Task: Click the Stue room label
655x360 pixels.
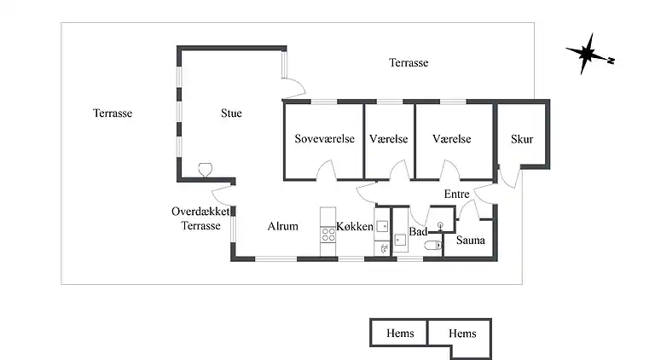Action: pyautogui.click(x=231, y=113)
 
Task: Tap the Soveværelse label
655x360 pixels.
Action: pyautogui.click(x=325, y=139)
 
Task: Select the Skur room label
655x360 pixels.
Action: pyautogui.click(x=522, y=139)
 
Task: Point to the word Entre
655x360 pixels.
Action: pyautogui.click(x=456, y=194)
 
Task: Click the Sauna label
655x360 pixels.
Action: pyautogui.click(x=471, y=240)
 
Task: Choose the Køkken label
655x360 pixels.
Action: pyautogui.click(x=355, y=226)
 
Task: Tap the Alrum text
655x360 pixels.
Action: pyautogui.click(x=283, y=226)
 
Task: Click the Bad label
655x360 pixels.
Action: pyautogui.click(x=418, y=231)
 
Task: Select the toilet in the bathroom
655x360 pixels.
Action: pyautogui.click(x=433, y=245)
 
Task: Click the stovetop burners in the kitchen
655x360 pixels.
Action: pyautogui.click(x=327, y=235)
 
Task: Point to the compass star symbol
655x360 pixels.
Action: pyautogui.click(x=587, y=54)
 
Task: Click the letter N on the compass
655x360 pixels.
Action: pyautogui.click(x=611, y=61)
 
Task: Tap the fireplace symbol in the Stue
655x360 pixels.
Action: pyautogui.click(x=205, y=170)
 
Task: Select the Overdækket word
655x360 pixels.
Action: pyautogui.click(x=200, y=212)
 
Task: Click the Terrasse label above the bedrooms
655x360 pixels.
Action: pyautogui.click(x=409, y=62)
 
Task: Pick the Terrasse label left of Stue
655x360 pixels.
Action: pyautogui.click(x=113, y=113)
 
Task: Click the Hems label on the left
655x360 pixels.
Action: pyautogui.click(x=400, y=334)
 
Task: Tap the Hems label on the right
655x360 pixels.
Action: pyautogui.click(x=462, y=334)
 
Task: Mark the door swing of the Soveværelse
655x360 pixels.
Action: pyautogui.click(x=327, y=170)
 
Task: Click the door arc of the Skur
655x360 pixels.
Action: pyautogui.click(x=510, y=177)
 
